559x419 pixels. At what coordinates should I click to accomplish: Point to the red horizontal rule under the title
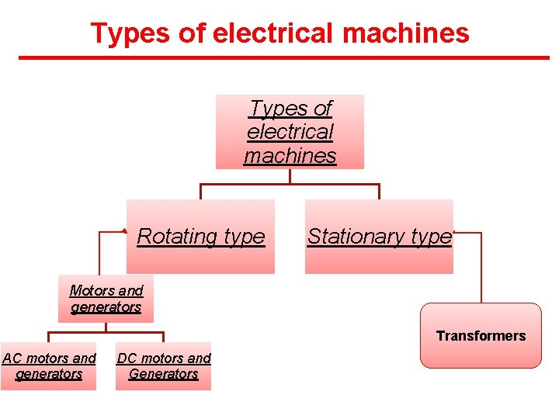pyautogui.click(x=283, y=57)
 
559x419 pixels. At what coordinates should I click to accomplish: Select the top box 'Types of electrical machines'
pyautogui.click(x=290, y=132)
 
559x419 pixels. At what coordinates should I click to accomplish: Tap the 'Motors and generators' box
pyautogui.click(x=106, y=299)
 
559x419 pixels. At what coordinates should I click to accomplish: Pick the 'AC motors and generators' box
pyautogui.click(x=48, y=366)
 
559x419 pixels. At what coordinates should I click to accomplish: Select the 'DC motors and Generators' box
pyautogui.click(x=163, y=366)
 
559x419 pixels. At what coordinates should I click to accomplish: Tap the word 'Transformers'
pyautogui.click(x=481, y=336)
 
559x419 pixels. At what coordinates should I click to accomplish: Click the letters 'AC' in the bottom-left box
pyautogui.click(x=12, y=358)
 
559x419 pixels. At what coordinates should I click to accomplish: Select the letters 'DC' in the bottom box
pyautogui.click(x=127, y=358)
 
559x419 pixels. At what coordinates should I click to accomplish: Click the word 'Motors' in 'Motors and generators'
pyautogui.click(x=90, y=291)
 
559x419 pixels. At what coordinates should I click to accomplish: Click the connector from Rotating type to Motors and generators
pyautogui.click(x=100, y=252)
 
